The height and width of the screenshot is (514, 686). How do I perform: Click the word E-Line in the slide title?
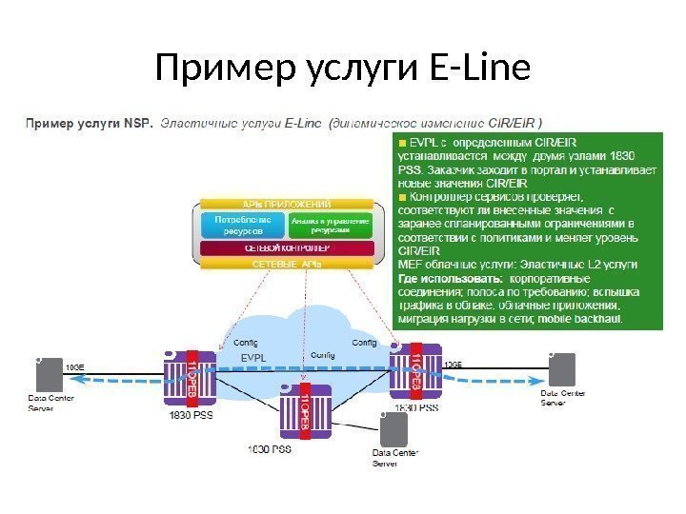click(473, 69)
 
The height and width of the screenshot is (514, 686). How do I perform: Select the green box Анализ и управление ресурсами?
click(333, 225)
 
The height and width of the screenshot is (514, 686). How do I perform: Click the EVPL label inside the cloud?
click(253, 358)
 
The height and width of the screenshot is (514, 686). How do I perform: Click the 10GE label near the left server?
click(74, 364)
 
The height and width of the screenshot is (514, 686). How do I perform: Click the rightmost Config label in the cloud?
click(365, 342)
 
